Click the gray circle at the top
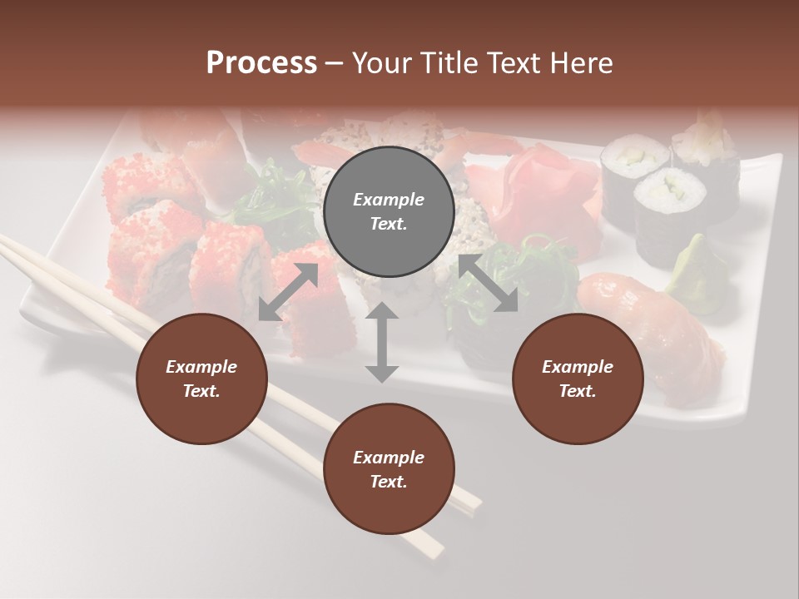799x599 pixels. click(389, 212)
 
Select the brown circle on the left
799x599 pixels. click(201, 379)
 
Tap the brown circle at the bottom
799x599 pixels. click(389, 469)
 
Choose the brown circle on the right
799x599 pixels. click(578, 379)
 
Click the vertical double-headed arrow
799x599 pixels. click(381, 342)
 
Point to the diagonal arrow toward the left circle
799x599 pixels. click(288, 291)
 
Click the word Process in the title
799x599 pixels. click(261, 62)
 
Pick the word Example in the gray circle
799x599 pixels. click(389, 200)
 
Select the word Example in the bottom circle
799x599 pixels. click(389, 457)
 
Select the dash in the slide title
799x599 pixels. click(335, 62)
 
